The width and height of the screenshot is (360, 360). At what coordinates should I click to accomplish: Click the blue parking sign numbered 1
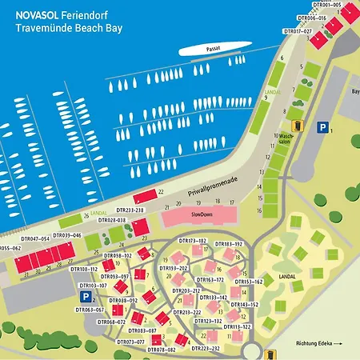tap(322, 127)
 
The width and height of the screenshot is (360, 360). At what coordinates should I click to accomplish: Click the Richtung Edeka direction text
tap(318, 343)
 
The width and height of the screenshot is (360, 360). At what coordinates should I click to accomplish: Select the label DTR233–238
tap(128, 210)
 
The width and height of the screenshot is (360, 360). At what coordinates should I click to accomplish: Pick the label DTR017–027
tap(298, 31)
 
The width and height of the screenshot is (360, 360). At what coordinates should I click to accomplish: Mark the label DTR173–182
tap(192, 241)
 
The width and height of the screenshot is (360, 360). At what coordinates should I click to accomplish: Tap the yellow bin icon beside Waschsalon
tap(298, 125)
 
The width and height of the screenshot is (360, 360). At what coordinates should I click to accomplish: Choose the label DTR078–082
tap(161, 350)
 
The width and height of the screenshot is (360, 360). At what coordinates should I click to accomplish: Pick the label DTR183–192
tap(228, 243)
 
